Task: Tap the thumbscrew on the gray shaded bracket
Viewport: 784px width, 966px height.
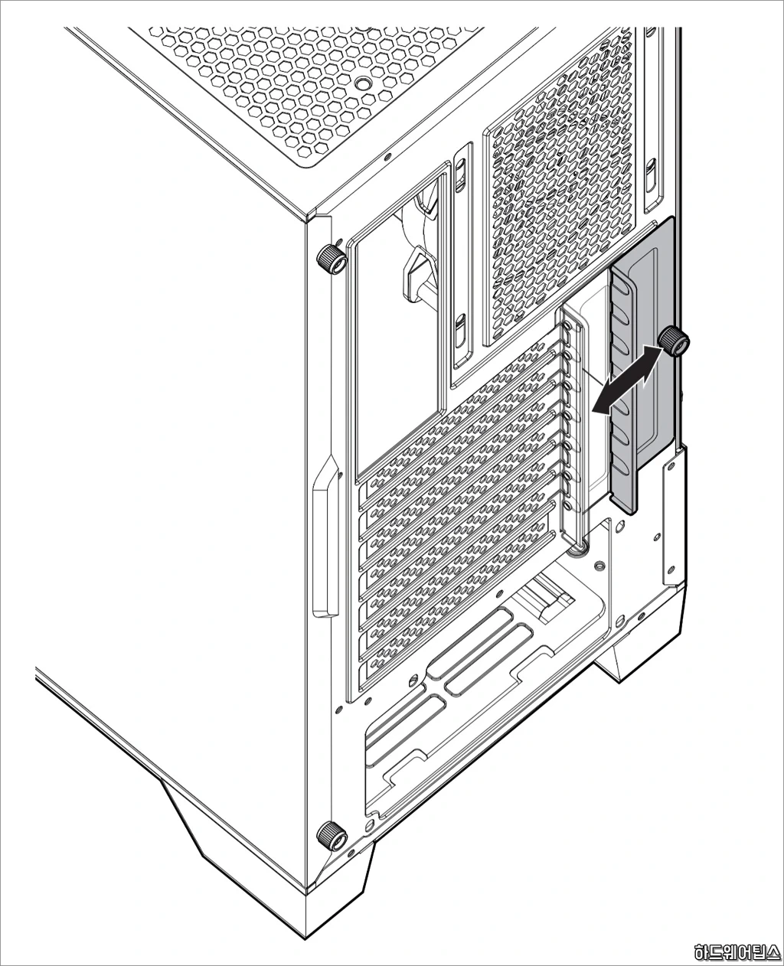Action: click(x=673, y=341)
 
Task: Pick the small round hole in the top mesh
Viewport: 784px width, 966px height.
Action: click(x=361, y=83)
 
